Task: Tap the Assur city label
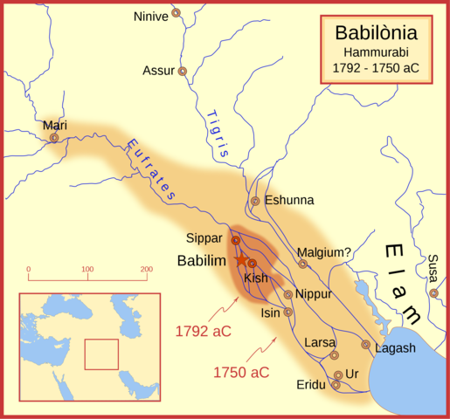click(x=158, y=71)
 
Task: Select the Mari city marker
click(x=54, y=137)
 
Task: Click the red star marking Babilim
click(x=240, y=260)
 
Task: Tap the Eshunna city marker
click(x=255, y=201)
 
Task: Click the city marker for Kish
click(x=252, y=263)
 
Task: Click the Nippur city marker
click(x=288, y=294)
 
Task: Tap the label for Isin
click(x=271, y=312)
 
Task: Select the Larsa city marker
click(x=334, y=355)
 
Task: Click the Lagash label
click(x=395, y=347)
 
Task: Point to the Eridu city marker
click(x=336, y=384)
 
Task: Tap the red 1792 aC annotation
click(x=204, y=331)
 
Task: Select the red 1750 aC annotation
click(x=241, y=372)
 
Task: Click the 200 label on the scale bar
click(x=146, y=269)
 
